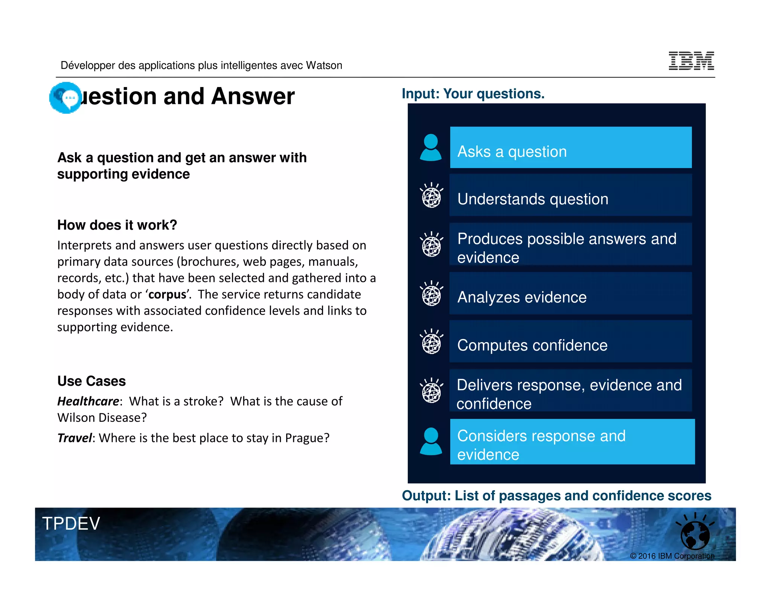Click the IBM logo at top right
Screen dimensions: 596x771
[691, 61]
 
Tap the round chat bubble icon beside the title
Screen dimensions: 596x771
[66, 98]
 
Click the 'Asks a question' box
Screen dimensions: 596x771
[570, 148]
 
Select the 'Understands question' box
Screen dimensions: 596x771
[570, 195]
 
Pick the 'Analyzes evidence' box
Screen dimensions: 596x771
[570, 293]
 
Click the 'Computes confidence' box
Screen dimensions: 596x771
[570, 342]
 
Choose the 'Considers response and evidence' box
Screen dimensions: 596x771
[572, 442]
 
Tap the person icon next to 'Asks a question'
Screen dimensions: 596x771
[431, 148]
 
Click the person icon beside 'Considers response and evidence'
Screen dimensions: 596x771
[431, 442]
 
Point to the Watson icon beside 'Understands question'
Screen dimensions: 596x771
[431, 195]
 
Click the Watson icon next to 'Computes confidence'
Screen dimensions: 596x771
[431, 342]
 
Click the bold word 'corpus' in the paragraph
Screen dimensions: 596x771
[167, 294]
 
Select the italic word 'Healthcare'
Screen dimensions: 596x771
[88, 401]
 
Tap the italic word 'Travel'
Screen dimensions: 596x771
[75, 438]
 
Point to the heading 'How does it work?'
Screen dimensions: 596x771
[117, 225]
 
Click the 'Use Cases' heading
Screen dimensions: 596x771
[91, 381]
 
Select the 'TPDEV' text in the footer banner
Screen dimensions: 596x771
[71, 524]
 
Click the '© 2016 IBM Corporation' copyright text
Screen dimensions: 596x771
[672, 556]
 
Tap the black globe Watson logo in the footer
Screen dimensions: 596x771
[695, 534]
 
